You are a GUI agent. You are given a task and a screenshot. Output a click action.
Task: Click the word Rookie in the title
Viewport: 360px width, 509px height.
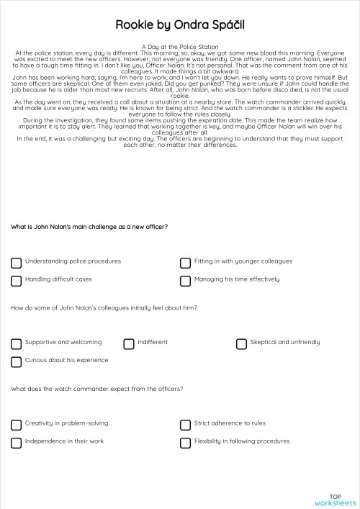[132, 25]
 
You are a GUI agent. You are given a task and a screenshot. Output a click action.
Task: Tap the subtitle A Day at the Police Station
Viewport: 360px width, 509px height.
[180, 46]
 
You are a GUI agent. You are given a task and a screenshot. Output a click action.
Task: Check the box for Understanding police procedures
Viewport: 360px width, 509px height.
[17, 263]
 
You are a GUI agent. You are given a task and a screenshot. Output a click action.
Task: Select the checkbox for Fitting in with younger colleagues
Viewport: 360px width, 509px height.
[186, 263]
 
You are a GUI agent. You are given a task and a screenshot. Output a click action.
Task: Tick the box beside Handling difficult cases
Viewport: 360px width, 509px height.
[17, 281]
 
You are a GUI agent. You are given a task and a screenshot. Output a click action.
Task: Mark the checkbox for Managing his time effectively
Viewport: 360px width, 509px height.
[186, 281]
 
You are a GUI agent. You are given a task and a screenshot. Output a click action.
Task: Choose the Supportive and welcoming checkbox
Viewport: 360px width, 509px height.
[17, 344]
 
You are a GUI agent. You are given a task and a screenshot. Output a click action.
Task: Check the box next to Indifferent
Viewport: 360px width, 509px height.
[129, 344]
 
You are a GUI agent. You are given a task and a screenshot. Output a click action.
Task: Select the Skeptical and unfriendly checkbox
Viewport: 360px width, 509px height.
[242, 344]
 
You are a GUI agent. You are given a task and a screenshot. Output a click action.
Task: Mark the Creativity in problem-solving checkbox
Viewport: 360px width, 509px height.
[17, 425]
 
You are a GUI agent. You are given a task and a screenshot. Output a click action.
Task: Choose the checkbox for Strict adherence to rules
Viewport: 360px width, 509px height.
[186, 425]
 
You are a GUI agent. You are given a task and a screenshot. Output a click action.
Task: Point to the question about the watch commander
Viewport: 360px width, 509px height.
[96, 389]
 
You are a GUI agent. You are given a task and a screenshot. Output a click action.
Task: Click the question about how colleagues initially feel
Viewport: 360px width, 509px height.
[104, 308]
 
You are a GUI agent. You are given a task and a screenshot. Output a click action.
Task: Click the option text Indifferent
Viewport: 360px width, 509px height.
[153, 343]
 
